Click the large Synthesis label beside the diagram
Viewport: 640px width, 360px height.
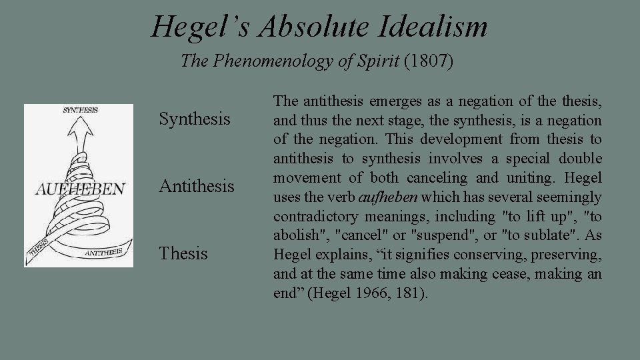point(195,119)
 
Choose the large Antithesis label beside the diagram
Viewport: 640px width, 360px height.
point(197,186)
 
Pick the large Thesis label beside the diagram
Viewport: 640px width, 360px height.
point(183,253)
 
